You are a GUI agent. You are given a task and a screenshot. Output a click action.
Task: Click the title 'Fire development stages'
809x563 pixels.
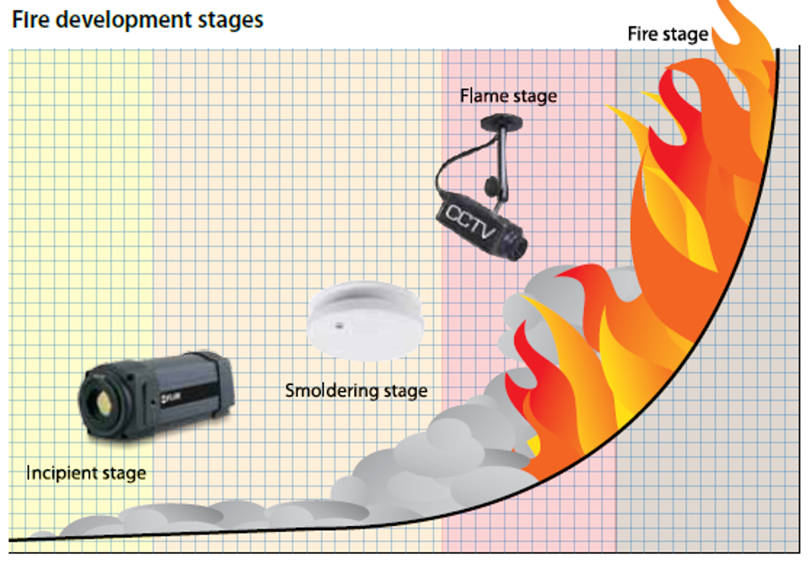137,19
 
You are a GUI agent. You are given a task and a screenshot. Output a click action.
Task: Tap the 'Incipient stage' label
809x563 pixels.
86,473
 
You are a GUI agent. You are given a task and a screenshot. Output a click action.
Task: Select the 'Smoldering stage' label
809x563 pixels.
356,391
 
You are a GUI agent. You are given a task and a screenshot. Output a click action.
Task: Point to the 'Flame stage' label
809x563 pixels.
508,97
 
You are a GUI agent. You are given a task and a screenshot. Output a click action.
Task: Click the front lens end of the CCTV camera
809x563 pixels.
516,244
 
